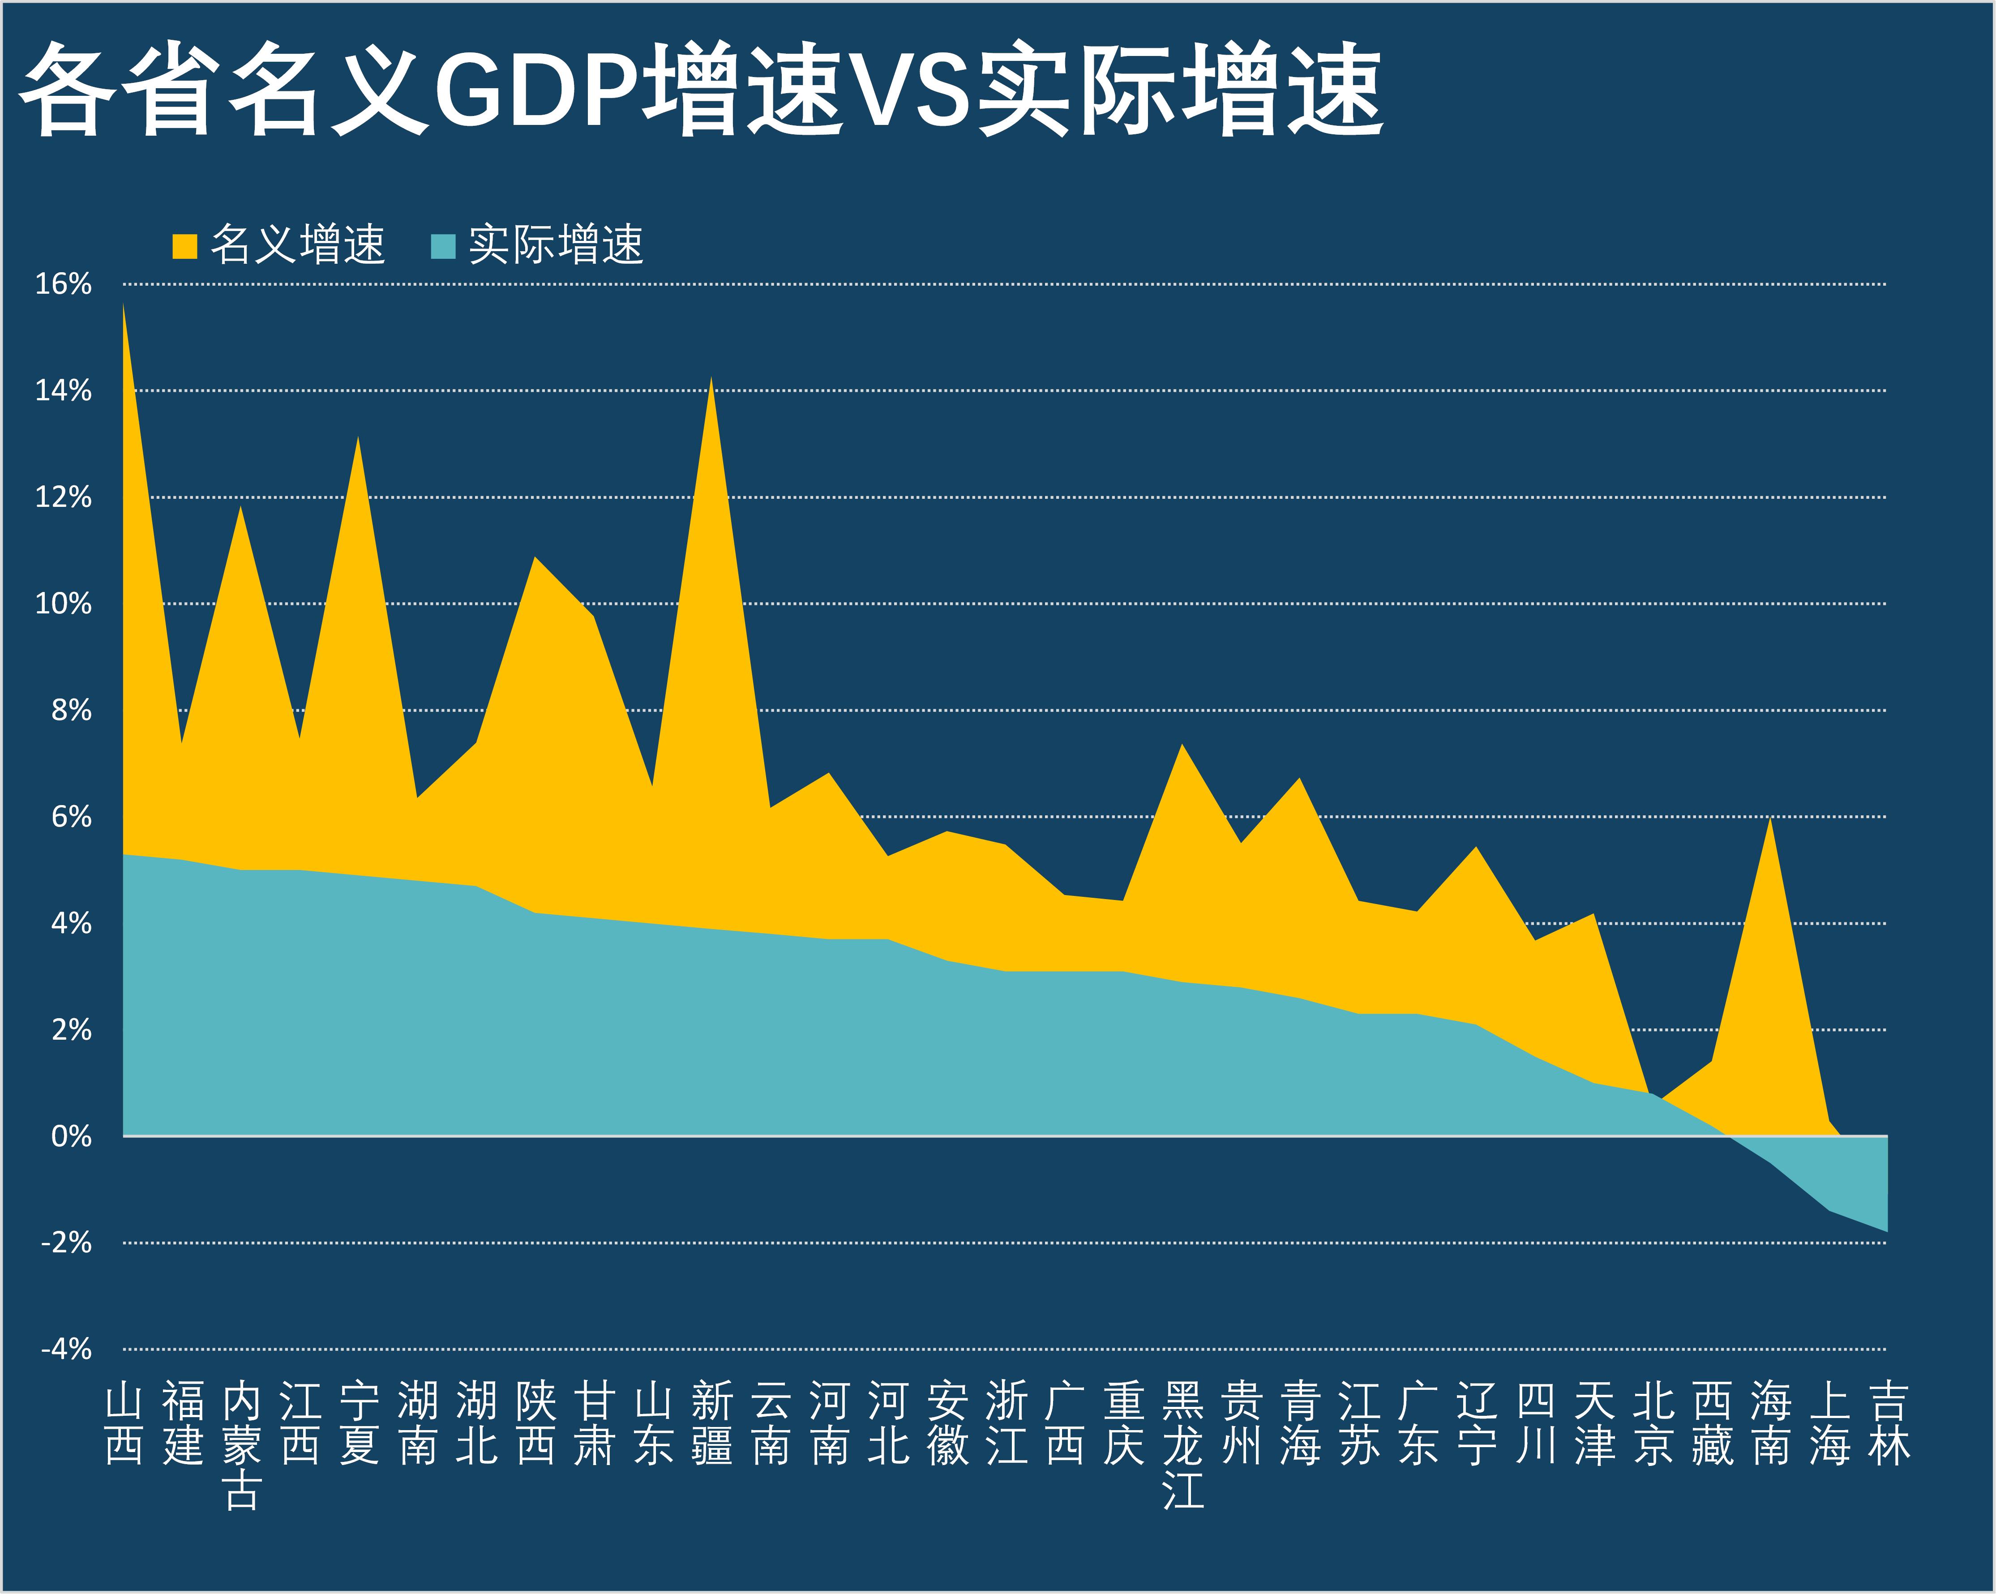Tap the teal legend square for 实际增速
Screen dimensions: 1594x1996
(x=443, y=246)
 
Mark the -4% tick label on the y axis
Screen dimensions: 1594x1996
(x=66, y=1349)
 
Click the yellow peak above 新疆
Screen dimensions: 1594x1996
(x=711, y=380)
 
